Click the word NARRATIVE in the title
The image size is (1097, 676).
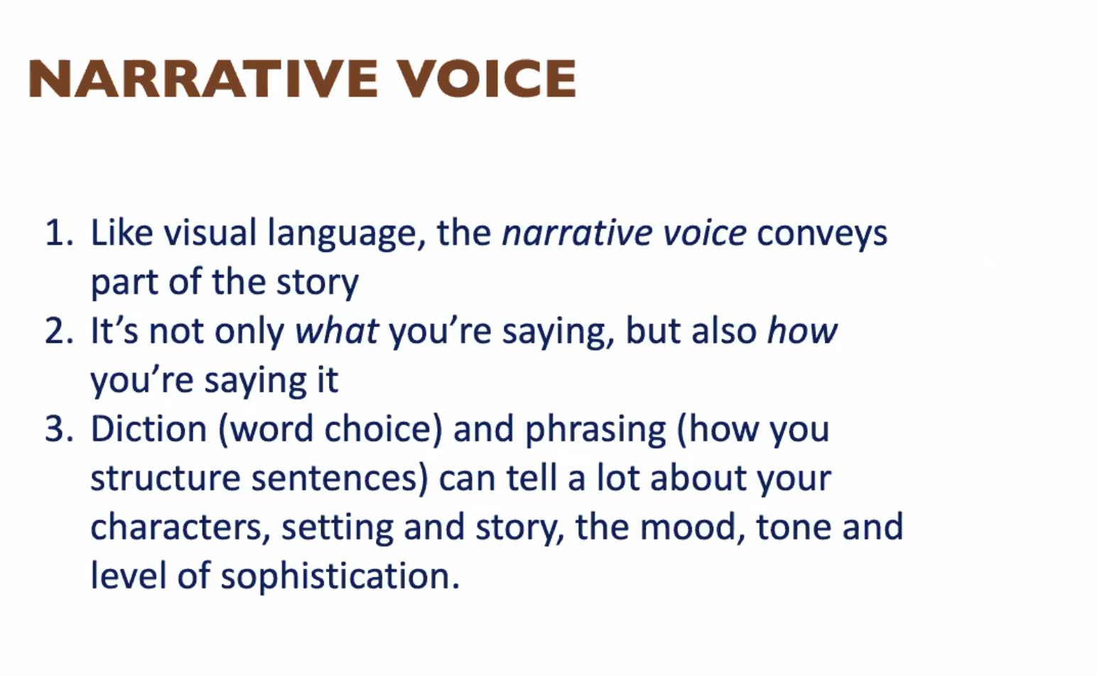(x=203, y=78)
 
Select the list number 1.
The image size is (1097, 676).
(x=59, y=232)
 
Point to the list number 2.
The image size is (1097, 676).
(x=59, y=331)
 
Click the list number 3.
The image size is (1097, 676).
(x=59, y=429)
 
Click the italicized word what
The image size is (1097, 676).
(x=337, y=330)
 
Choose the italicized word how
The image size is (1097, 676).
(x=801, y=330)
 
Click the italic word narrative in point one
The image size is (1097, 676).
(x=577, y=232)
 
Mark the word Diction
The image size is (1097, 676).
(x=148, y=428)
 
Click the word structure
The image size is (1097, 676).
(x=166, y=479)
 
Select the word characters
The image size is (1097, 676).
(x=180, y=527)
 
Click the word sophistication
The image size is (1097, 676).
(x=340, y=577)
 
